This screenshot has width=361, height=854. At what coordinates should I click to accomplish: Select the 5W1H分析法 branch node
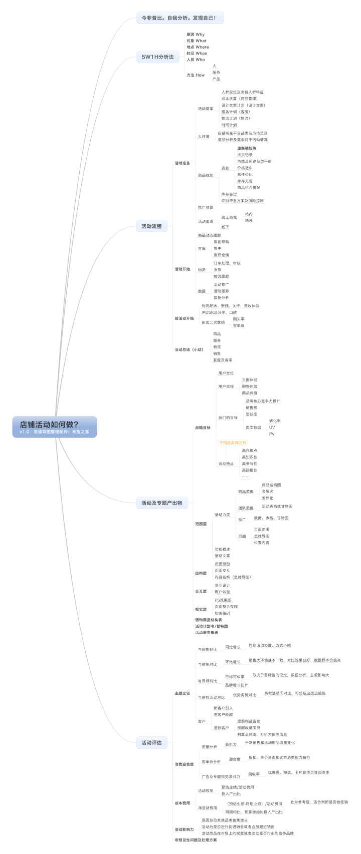(x=157, y=57)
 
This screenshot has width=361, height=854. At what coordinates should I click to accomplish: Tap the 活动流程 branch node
(x=151, y=226)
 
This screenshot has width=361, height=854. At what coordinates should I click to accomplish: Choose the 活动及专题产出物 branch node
(x=161, y=503)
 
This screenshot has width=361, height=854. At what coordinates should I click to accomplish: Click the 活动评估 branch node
(x=151, y=742)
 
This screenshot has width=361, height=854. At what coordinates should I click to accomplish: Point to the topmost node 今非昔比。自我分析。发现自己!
(x=179, y=18)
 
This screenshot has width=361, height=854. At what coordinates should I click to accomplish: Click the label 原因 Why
(x=195, y=35)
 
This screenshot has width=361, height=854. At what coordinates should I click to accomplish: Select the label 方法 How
(x=195, y=75)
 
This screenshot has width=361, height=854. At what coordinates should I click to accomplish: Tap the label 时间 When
(x=197, y=53)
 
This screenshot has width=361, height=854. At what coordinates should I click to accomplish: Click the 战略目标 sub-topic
(x=203, y=428)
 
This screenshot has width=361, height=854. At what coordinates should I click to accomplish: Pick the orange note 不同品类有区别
(x=233, y=443)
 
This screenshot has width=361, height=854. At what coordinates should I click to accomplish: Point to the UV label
(x=272, y=428)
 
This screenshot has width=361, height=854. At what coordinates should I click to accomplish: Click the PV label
(x=272, y=434)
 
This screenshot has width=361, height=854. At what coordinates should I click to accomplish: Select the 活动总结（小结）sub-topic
(x=189, y=349)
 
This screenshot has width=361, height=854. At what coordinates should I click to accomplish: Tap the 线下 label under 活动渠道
(x=225, y=227)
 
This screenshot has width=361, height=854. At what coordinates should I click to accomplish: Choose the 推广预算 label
(x=205, y=207)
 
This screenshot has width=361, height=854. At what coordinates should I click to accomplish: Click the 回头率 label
(x=239, y=319)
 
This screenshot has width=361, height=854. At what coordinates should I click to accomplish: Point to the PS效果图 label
(x=223, y=600)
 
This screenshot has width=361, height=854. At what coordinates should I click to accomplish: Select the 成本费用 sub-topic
(x=182, y=803)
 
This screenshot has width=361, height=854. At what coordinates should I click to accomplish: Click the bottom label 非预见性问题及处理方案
(x=196, y=840)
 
